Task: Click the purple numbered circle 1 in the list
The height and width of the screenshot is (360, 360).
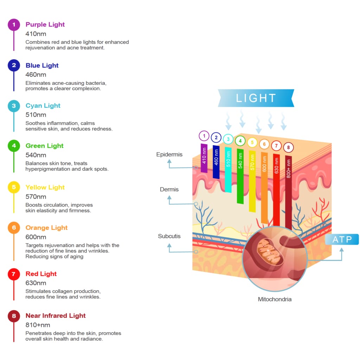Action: (14, 25)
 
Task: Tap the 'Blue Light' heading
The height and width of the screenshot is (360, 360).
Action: (42, 65)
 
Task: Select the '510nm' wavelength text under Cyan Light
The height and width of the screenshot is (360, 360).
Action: (36, 115)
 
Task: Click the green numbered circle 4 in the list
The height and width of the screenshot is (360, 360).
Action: (14, 146)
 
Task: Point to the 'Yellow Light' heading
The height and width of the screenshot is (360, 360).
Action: (45, 187)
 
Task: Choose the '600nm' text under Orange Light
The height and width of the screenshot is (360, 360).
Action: (36, 237)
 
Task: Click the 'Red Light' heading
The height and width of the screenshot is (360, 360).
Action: (41, 274)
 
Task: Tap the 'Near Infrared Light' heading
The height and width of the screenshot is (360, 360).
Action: (56, 315)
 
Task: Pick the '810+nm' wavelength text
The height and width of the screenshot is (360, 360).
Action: (38, 325)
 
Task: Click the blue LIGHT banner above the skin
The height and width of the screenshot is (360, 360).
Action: (256, 98)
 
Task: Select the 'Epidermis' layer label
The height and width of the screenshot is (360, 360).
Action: (169, 154)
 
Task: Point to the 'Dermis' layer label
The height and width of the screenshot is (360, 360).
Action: (169, 189)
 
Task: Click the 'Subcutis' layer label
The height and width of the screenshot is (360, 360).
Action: (169, 236)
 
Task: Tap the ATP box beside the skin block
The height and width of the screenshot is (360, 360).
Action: (342, 239)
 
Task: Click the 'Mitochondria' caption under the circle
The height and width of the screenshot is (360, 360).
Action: (275, 299)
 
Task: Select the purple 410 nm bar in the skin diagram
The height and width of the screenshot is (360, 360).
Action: (204, 158)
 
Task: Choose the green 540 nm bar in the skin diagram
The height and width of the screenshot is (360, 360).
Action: (240, 176)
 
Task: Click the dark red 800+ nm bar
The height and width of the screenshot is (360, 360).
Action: (288, 192)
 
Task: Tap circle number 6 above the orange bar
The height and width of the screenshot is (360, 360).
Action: (264, 144)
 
